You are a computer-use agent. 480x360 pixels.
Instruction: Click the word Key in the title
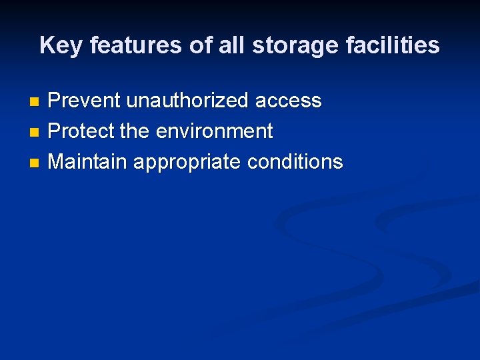pyautogui.click(x=61, y=45)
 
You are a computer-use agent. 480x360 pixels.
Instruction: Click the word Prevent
pyautogui.click(x=84, y=101)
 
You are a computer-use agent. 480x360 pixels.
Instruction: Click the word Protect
pyautogui.click(x=81, y=131)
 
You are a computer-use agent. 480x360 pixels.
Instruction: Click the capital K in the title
pyautogui.click(x=47, y=45)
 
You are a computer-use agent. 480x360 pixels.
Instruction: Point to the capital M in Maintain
pyautogui.click(x=57, y=162)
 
